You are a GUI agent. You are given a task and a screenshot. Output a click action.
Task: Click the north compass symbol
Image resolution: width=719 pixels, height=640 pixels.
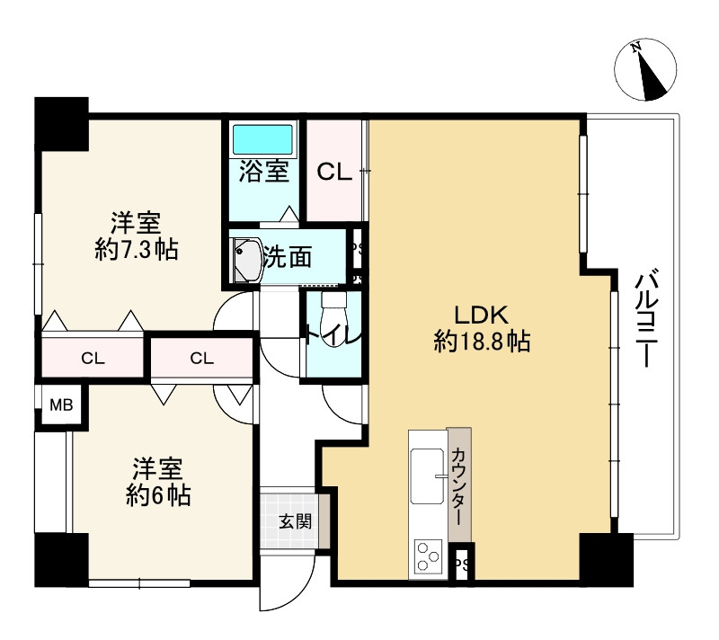645,70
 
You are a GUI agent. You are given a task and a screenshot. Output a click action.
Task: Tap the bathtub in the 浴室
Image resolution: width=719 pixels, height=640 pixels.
262,139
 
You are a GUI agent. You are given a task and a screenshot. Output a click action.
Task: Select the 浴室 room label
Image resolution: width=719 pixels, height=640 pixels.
263,172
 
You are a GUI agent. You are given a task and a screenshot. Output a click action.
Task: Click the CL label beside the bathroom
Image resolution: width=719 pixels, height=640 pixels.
334,173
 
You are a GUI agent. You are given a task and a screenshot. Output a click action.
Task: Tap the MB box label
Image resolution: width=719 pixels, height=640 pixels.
61,405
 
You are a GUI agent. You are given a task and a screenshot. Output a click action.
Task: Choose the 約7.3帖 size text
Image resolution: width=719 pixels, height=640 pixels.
137,250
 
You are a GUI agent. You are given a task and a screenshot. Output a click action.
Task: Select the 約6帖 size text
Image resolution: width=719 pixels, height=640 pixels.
158,495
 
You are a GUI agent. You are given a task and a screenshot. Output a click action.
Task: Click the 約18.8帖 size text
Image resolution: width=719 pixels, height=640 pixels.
482,341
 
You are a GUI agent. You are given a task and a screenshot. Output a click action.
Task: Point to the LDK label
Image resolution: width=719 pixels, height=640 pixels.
481,316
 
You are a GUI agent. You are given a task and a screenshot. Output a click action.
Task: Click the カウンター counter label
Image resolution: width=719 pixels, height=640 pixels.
459,487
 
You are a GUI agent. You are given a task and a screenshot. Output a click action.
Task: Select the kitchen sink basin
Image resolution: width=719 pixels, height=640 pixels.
428,476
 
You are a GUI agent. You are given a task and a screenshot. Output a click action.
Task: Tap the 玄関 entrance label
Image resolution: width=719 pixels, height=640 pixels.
296,521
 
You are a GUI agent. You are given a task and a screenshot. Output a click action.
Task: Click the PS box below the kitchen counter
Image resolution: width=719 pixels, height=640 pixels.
462,564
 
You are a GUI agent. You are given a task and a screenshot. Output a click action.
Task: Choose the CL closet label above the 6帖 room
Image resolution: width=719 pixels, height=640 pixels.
201,358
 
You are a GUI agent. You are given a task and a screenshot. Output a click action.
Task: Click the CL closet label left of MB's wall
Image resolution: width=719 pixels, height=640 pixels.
93,358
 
